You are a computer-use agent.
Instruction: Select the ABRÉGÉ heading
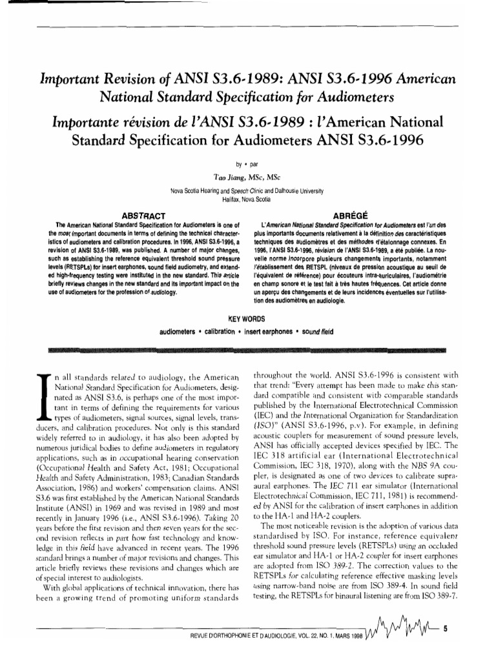[x=348, y=214]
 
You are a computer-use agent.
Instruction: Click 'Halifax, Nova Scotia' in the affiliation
[x=247, y=199]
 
